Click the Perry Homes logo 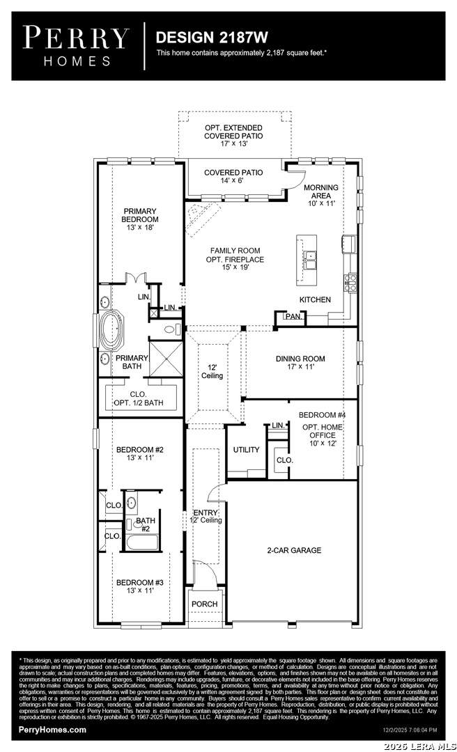click(76, 46)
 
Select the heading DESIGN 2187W click(212, 38)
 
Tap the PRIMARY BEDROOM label click(140, 219)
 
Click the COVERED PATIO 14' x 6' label click(233, 176)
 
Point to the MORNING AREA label click(321, 195)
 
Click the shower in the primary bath click(166, 358)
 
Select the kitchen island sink click(311, 261)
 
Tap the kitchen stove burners click(350, 283)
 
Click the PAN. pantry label click(293, 317)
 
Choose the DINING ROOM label click(300, 363)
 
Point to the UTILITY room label click(246, 450)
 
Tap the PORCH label click(205, 604)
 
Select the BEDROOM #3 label click(140, 586)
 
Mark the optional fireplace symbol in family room click(202, 218)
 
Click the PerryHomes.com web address click(52, 730)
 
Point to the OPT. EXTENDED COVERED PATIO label click(234, 136)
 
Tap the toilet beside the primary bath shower click(171, 329)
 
